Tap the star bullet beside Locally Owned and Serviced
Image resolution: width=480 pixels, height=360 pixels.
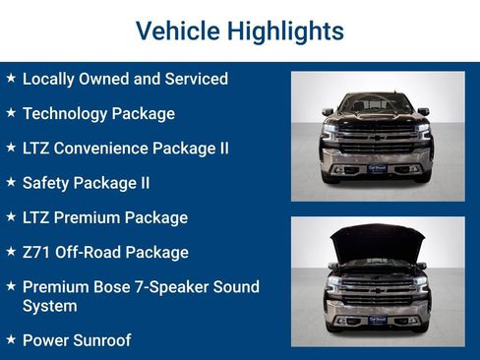(10, 78)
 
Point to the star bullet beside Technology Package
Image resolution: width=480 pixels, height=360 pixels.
(10, 113)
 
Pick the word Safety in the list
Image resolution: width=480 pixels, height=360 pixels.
(45, 182)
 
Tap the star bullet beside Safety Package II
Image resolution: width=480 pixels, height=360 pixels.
(10, 182)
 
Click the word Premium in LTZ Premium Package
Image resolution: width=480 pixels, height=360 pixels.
(90, 217)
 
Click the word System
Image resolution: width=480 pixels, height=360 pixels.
(49, 306)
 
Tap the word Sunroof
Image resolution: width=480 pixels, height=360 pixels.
(101, 340)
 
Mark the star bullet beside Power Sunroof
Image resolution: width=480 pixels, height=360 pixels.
(10, 340)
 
